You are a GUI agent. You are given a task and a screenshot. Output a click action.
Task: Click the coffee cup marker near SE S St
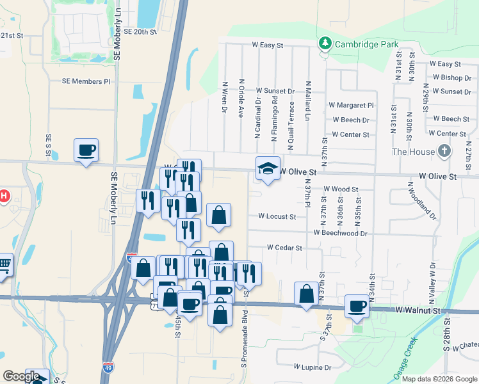click(86, 150)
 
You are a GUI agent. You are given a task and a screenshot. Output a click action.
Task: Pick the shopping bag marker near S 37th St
click(307, 294)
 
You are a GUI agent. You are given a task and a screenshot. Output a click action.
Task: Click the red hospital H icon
click(4, 196)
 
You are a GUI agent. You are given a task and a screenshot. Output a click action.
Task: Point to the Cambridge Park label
click(368, 44)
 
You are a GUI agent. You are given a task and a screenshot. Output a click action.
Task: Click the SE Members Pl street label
click(86, 81)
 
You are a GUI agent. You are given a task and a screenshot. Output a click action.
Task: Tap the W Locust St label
click(277, 216)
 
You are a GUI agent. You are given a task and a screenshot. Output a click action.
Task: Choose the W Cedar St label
click(284, 247)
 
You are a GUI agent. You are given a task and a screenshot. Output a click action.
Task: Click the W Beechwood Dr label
click(340, 233)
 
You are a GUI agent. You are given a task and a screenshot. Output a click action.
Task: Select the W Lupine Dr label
click(313, 367)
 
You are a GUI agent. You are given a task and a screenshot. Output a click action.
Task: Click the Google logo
click(21, 376)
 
